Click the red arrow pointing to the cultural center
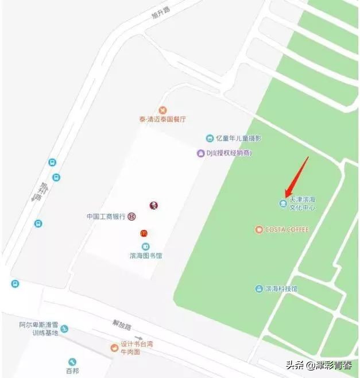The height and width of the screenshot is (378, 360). point(297,176)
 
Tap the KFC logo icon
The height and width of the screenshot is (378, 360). point(153,206)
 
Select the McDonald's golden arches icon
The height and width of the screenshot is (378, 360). point(145,233)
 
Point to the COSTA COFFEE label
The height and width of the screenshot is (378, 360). point(287,230)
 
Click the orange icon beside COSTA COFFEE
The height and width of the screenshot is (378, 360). point(259,230)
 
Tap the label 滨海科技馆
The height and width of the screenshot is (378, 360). point(281,289)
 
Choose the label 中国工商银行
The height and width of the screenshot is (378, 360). point(106,217)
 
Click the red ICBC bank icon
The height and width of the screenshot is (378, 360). point(132,217)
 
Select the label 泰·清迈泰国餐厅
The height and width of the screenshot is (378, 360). point(162,119)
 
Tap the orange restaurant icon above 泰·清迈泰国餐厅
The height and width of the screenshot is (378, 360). point(163,110)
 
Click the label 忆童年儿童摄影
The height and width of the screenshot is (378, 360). point(239,138)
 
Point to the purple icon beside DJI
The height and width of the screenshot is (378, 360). point(200,153)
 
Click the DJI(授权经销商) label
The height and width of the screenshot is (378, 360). point(229,153)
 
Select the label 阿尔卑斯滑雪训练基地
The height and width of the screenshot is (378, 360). point(38,329)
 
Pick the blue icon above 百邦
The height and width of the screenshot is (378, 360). point(72,362)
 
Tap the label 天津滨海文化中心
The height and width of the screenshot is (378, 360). point(303,203)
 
